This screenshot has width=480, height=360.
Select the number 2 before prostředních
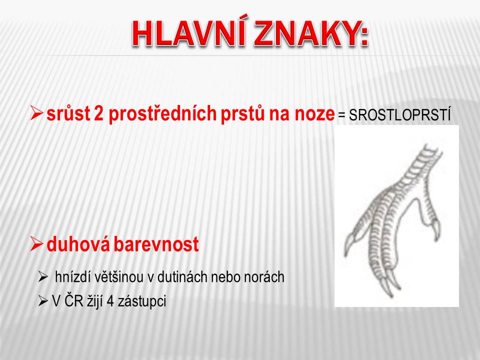(99, 114)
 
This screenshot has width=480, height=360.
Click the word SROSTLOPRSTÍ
(400, 115)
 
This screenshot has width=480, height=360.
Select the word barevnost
(156, 244)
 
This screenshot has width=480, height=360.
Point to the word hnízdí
(73, 277)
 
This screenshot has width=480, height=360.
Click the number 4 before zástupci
(110, 301)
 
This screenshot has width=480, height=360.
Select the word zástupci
(142, 301)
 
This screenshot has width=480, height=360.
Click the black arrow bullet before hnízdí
(43, 277)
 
